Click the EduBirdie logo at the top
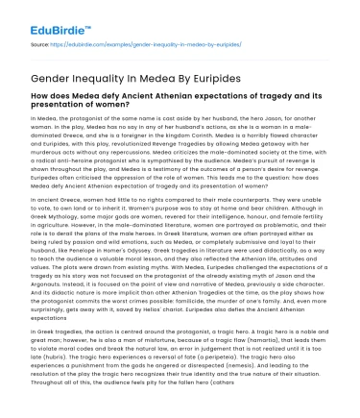(41, 13)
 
